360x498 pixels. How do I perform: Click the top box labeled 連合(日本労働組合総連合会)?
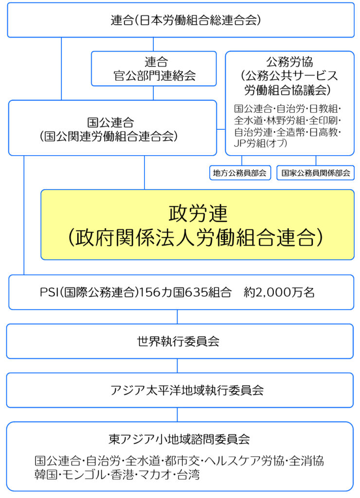(x=180, y=20)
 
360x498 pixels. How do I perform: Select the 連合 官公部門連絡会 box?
(x=154, y=69)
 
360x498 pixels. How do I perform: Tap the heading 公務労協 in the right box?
(x=289, y=61)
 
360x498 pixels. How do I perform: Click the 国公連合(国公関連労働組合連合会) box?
(x=112, y=128)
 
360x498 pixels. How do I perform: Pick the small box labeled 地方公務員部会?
(x=240, y=173)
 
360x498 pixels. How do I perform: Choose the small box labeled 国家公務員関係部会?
(x=316, y=173)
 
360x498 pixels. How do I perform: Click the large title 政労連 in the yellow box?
(x=198, y=213)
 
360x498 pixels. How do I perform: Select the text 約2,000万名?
(x=279, y=292)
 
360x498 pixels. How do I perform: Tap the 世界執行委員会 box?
(x=180, y=341)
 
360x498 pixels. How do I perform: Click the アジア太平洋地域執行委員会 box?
(x=180, y=391)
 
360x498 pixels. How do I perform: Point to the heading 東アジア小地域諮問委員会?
(x=179, y=439)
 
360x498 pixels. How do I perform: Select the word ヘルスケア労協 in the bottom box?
(x=244, y=461)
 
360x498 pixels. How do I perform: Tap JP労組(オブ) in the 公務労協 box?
(x=261, y=143)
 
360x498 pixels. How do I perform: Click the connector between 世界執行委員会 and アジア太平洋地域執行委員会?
(x=177, y=366)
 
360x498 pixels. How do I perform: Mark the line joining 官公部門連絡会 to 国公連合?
(x=153, y=93)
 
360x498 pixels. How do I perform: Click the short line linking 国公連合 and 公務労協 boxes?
(x=221, y=129)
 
